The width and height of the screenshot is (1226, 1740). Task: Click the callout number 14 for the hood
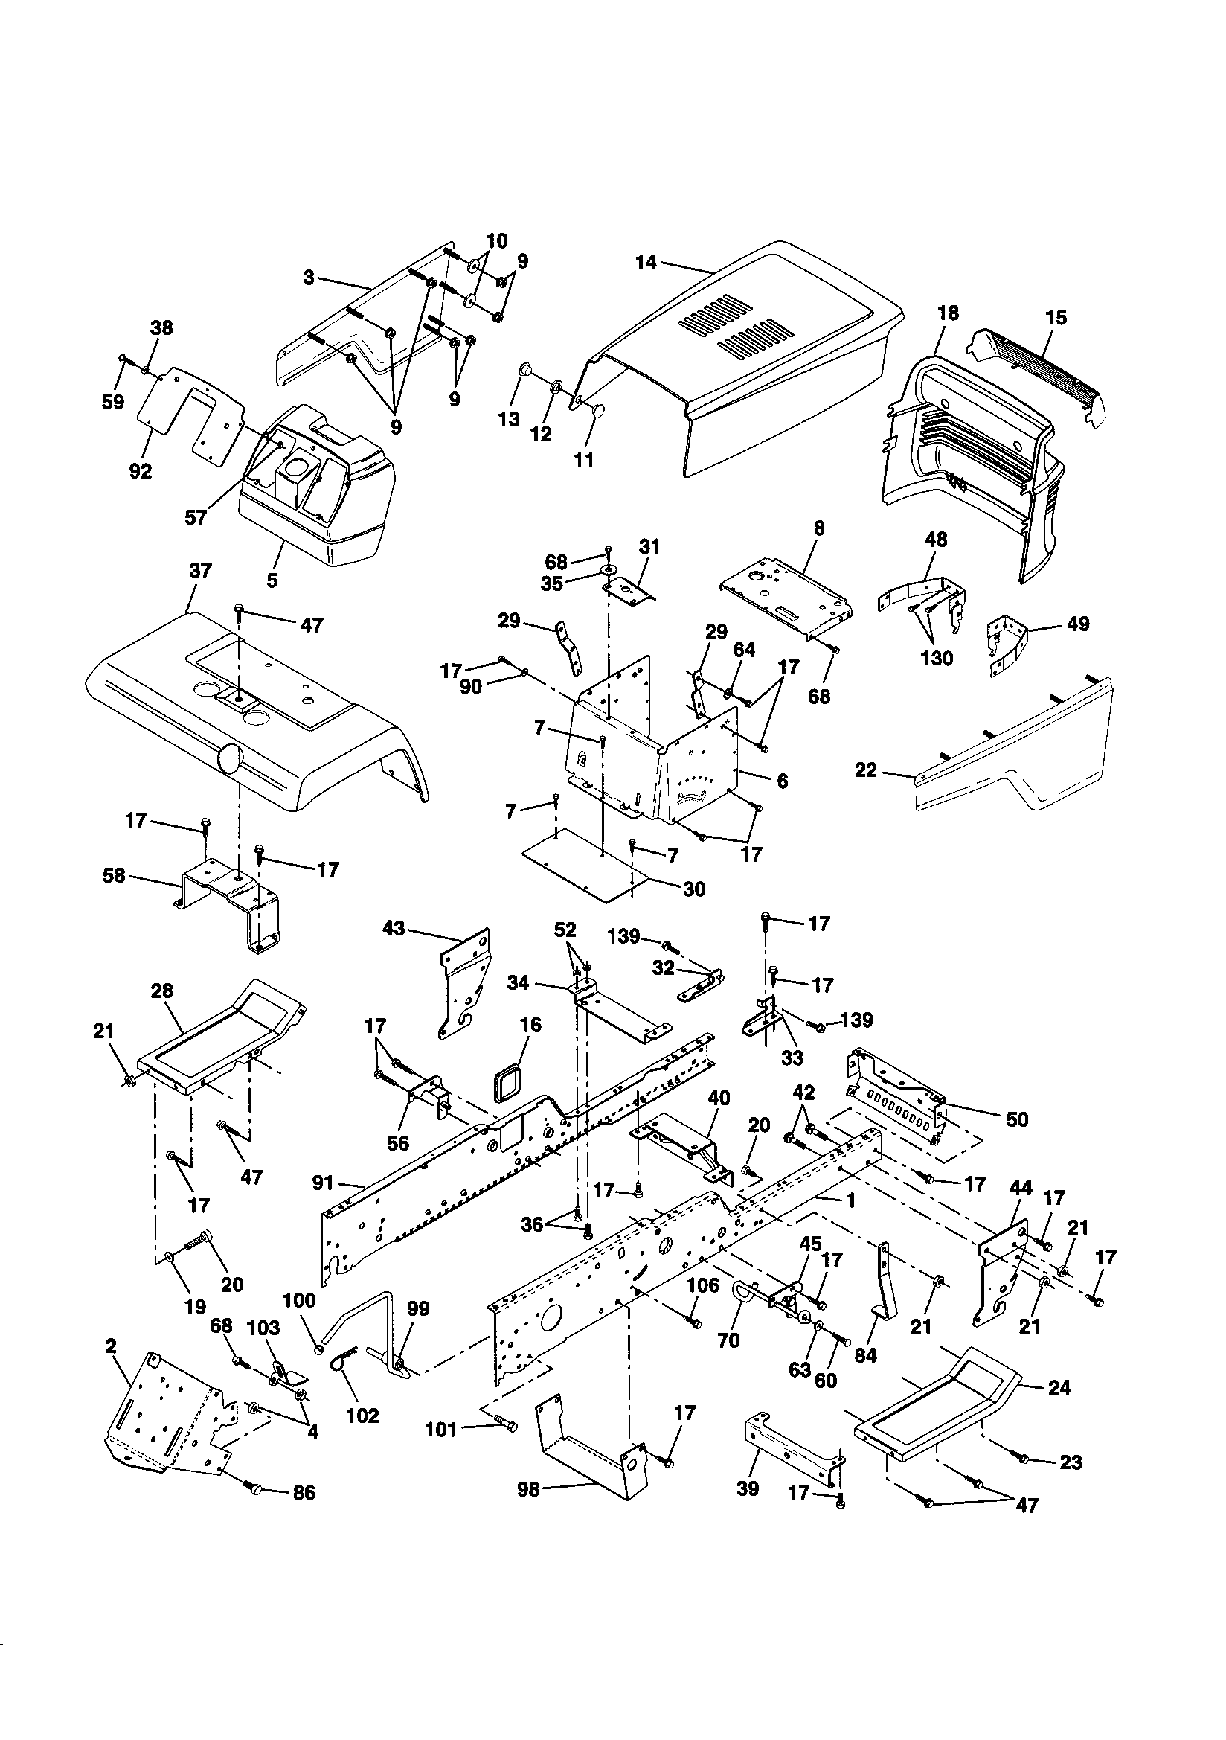point(646,263)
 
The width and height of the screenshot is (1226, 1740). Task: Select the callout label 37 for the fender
point(200,571)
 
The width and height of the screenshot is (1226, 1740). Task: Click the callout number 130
point(937,659)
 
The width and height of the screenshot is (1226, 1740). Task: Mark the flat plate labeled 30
point(583,864)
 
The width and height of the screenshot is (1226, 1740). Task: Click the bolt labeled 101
point(504,1426)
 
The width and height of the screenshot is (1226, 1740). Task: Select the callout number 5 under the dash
point(272,580)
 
